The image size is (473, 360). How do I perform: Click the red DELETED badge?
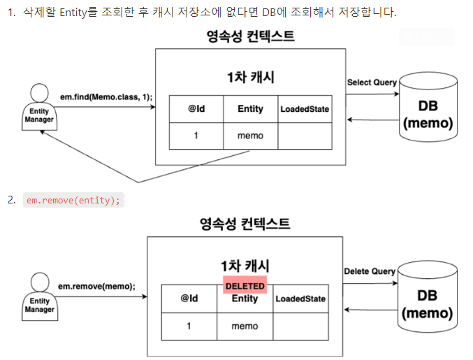(x=245, y=285)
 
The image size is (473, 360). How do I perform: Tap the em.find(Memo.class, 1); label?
(x=106, y=97)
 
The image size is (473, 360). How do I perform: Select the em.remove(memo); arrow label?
(x=96, y=286)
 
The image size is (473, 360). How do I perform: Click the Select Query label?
(x=372, y=82)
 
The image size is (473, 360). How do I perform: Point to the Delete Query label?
(x=370, y=271)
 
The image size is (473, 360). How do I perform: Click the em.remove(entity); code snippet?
(x=73, y=200)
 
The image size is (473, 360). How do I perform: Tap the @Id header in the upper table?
(x=196, y=109)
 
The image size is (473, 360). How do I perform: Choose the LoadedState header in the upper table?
(x=305, y=109)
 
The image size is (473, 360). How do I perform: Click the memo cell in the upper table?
(x=250, y=136)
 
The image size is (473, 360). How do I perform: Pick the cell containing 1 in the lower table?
(x=189, y=326)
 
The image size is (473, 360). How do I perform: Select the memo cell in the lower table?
(x=245, y=326)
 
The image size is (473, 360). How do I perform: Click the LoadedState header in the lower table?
(x=300, y=298)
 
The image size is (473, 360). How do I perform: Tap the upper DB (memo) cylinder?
(x=428, y=107)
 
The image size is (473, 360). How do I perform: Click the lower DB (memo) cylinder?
(x=427, y=296)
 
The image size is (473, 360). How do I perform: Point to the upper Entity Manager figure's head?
(x=40, y=93)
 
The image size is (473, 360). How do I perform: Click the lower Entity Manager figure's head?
(x=40, y=282)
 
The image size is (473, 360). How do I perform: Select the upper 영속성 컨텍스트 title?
(x=250, y=36)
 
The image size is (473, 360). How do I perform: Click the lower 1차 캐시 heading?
(x=245, y=266)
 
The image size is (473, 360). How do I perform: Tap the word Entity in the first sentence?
(x=73, y=13)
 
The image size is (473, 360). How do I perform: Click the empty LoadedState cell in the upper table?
(x=305, y=136)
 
